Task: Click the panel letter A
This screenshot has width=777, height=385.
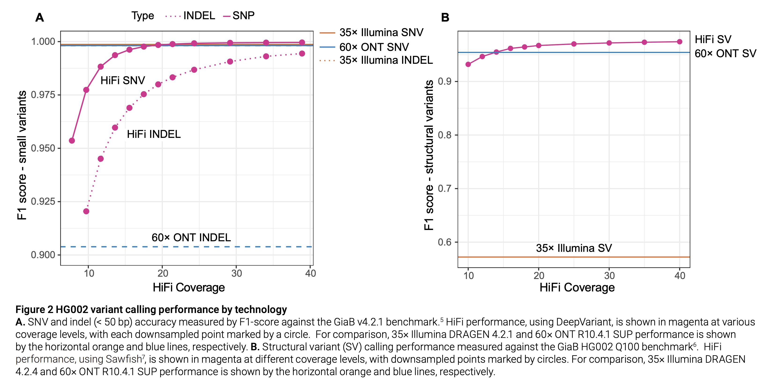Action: [x=40, y=18]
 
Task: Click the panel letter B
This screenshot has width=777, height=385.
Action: [x=445, y=18]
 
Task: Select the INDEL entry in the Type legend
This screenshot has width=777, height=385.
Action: [x=199, y=16]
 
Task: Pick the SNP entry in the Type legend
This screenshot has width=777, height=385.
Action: [x=243, y=16]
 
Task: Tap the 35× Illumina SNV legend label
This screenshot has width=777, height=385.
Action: [x=381, y=32]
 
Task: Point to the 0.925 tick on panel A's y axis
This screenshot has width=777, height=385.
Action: [x=43, y=201]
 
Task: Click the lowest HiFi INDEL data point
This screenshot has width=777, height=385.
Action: [x=86, y=211]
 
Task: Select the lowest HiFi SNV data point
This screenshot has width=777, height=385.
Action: [x=72, y=141]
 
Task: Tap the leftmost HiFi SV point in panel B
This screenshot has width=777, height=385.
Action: [x=468, y=64]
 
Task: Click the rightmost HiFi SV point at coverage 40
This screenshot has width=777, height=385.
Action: [x=680, y=42]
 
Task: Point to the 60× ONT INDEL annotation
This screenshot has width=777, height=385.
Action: [x=191, y=238]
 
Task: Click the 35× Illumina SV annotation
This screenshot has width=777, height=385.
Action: [x=574, y=248]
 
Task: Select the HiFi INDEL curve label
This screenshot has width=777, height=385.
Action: [x=154, y=134]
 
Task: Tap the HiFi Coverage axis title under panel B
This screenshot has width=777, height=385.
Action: [x=577, y=287]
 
